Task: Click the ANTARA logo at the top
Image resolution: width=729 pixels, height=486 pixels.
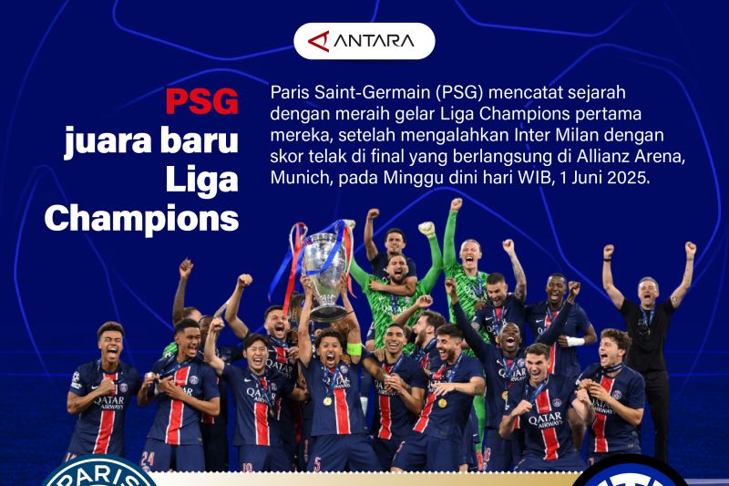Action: (364, 41)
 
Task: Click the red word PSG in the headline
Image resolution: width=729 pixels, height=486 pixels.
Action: (202, 102)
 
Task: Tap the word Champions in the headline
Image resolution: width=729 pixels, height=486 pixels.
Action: (142, 219)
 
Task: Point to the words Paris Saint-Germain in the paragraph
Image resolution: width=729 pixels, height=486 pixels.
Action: (342, 93)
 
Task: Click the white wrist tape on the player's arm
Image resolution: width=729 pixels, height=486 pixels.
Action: (575, 341)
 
